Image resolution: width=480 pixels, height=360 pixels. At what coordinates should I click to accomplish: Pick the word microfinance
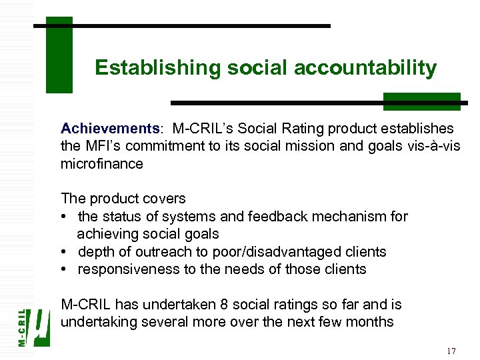pos(101,164)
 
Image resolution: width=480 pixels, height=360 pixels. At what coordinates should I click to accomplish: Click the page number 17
pos(451,351)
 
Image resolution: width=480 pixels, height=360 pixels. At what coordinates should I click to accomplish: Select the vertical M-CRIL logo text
pos(23,326)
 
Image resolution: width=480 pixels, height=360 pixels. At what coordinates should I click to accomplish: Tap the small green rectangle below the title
pos(421,101)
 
